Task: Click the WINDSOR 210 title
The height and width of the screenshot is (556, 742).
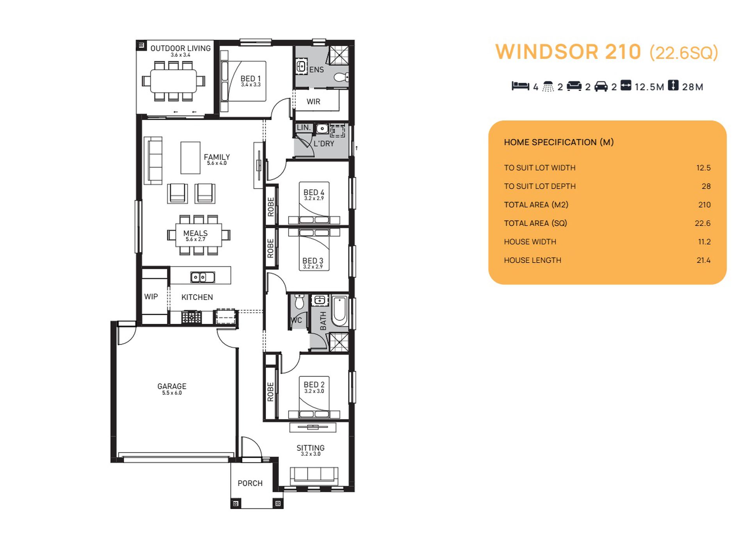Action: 568,52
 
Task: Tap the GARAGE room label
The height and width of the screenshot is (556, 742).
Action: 172,386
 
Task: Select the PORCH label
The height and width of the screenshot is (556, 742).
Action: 250,483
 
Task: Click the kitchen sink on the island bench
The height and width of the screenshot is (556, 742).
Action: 202,277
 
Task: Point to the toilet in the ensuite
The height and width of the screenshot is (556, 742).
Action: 341,77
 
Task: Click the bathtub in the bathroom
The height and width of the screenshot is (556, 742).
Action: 339,311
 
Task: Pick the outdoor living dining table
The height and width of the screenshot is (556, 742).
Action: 173,81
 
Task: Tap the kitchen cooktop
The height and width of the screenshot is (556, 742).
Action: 191,317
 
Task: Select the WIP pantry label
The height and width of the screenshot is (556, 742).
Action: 151,297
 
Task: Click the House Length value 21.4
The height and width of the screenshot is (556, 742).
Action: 703,260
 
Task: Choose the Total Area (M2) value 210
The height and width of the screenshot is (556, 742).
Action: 705,205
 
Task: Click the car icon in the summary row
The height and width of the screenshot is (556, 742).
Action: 601,86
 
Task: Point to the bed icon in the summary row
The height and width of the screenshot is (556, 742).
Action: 520,86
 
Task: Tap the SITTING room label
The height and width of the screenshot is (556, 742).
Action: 310,448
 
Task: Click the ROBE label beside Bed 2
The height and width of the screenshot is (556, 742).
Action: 270,392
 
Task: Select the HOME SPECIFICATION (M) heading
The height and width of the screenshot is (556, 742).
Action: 558,142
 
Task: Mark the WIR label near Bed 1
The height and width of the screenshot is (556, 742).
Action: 313,101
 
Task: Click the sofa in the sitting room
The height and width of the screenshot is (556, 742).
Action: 314,475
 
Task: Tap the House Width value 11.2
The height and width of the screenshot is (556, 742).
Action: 704,242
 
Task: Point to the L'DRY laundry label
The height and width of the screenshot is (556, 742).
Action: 324,144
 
